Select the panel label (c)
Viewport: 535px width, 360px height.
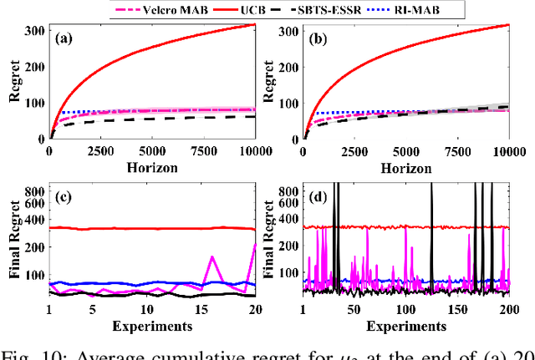pyautogui.click(x=68, y=198)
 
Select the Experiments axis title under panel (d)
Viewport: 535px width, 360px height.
pyautogui.click(x=406, y=325)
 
